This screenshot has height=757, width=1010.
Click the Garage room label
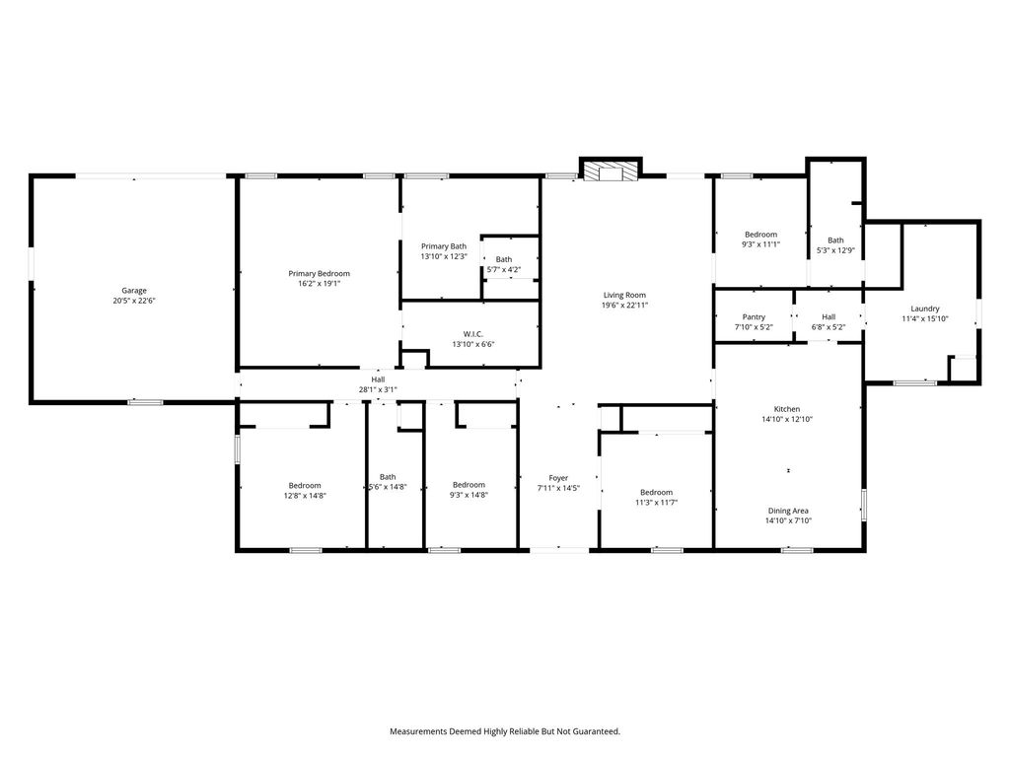pyautogui.click(x=134, y=291)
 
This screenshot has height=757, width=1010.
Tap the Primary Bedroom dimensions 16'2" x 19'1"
pyautogui.click(x=319, y=283)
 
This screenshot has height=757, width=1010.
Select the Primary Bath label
pyautogui.click(x=444, y=245)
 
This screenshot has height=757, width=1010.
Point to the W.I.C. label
pyautogui.click(x=472, y=334)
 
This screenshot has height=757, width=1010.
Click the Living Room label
pyautogui.click(x=624, y=295)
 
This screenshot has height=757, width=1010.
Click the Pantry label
pyautogui.click(x=754, y=316)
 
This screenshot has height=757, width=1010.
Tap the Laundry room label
pyautogui.click(x=925, y=309)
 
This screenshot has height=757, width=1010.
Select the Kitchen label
pyautogui.click(x=786, y=409)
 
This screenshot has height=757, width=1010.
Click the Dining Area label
pyautogui.click(x=788, y=511)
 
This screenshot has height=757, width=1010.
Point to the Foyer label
pyautogui.click(x=558, y=478)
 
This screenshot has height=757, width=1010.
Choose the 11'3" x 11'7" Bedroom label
pyautogui.click(x=656, y=493)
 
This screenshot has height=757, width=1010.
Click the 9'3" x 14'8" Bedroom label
pyautogui.click(x=469, y=485)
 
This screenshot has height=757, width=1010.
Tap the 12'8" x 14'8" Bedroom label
pyautogui.click(x=305, y=485)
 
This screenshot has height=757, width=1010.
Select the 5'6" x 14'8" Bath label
pyautogui.click(x=388, y=477)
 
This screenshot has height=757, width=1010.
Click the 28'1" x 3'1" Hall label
pyautogui.click(x=378, y=379)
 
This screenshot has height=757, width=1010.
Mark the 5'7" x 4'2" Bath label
pyautogui.click(x=504, y=259)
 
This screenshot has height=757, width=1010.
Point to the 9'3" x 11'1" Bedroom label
pyautogui.click(x=760, y=235)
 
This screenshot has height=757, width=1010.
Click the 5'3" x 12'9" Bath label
pyautogui.click(x=835, y=241)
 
